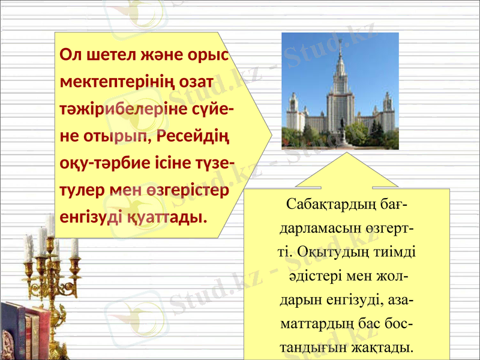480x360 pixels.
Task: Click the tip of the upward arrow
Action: click(347, 154)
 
